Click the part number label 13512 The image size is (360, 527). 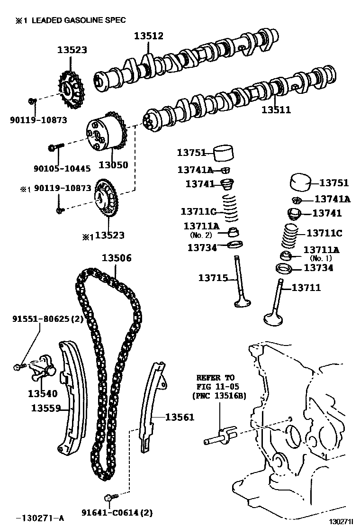[148, 36]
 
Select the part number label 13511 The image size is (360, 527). [276, 110]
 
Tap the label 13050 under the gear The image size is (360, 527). [113, 165]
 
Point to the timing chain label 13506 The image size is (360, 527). [117, 258]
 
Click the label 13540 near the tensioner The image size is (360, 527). [42, 393]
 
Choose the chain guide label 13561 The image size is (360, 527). [180, 417]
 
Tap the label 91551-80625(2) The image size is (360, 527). [47, 319]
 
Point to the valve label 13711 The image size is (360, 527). [306, 287]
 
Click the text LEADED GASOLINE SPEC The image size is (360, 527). [78, 20]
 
